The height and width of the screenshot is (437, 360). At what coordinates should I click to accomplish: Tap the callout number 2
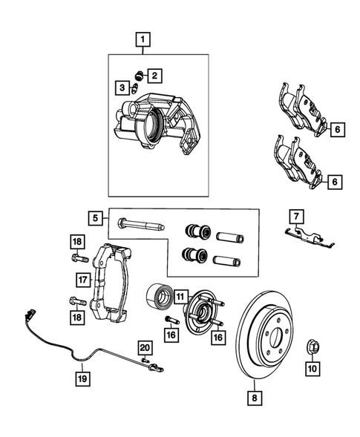(x=154, y=75)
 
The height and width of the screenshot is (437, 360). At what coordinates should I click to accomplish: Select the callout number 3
(x=121, y=88)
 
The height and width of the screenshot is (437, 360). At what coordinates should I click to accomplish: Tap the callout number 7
(x=295, y=216)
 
